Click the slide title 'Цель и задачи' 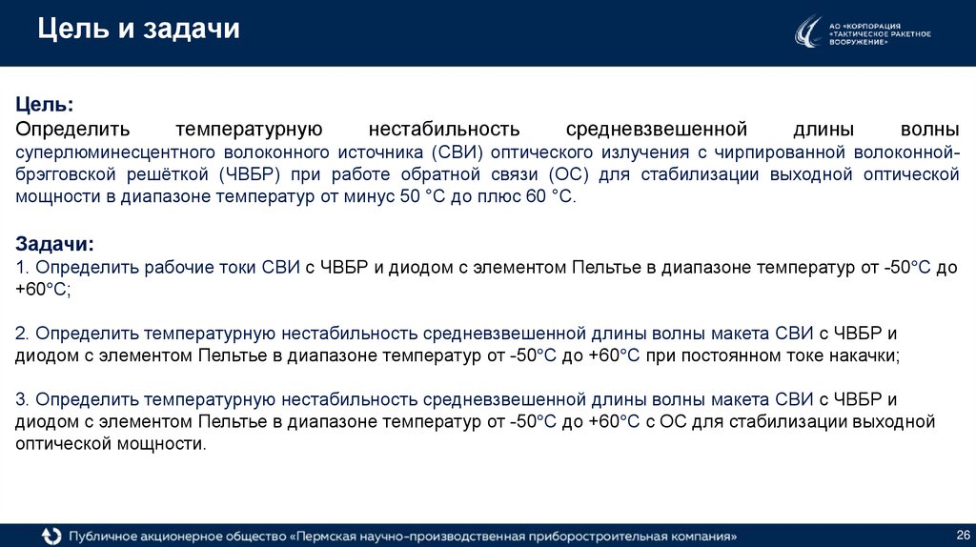coord(138,30)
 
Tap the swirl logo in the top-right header coord(808,32)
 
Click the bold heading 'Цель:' coord(43,104)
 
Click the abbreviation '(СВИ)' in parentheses coord(448,152)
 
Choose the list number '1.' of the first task coord(24,269)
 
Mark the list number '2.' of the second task coord(24,333)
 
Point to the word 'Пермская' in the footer coord(333,536)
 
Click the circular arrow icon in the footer coord(51,536)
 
